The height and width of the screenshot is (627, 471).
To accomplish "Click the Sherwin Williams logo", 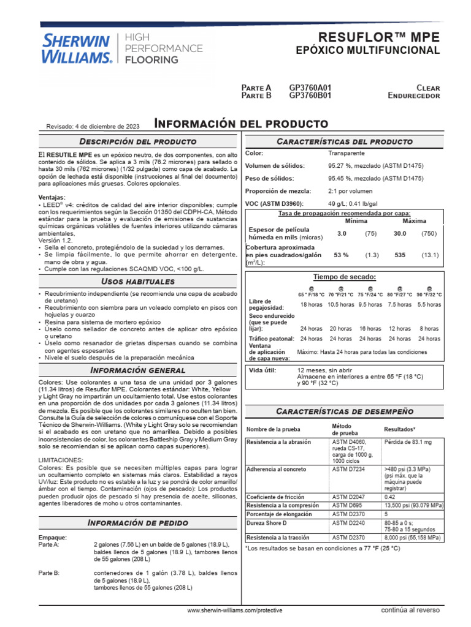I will [x=76, y=49].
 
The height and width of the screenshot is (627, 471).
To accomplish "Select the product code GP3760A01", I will [x=310, y=88].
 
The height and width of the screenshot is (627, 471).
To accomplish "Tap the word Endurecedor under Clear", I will [x=413, y=96].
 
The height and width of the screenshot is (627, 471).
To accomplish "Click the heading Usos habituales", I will [x=137, y=281].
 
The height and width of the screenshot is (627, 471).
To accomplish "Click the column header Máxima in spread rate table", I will [x=414, y=220].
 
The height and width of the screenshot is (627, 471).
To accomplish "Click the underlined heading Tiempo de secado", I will [x=344, y=277].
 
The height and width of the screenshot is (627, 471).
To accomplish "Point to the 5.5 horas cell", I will [x=429, y=304].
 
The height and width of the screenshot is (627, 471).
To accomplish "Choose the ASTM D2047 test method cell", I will [x=348, y=497].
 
